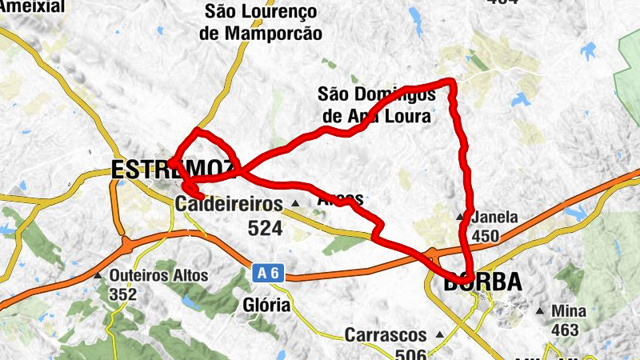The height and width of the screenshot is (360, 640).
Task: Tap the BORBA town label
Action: (x=482, y=282)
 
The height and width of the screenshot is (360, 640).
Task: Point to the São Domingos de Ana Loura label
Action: (x=376, y=105)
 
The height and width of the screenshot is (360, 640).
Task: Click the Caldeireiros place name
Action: (x=229, y=204)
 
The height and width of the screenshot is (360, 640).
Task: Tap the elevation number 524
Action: (x=265, y=229)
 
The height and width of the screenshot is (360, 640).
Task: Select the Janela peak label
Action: (x=496, y=217)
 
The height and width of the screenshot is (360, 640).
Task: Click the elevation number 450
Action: (x=486, y=236)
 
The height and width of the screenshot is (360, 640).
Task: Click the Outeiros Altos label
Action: (x=158, y=276)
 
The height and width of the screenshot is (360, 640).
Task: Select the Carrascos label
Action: (x=388, y=335)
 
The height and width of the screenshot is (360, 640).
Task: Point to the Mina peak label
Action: (x=570, y=311)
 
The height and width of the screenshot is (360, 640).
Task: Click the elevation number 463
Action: (x=565, y=330)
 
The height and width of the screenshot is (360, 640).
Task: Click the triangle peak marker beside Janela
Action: (x=460, y=217)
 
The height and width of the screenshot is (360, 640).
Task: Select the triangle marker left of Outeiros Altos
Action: (x=98, y=276)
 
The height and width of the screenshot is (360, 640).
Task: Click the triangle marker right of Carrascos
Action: (x=439, y=335)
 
